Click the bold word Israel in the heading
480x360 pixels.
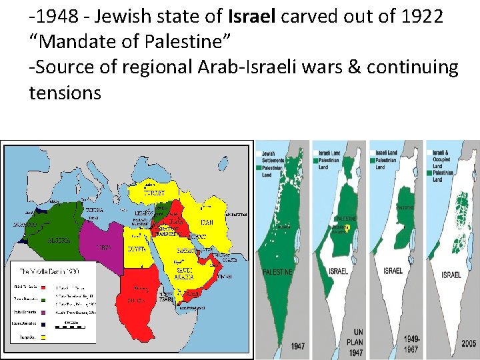pyautogui.click(x=253, y=15)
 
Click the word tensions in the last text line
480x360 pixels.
pyautogui.click(x=65, y=93)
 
